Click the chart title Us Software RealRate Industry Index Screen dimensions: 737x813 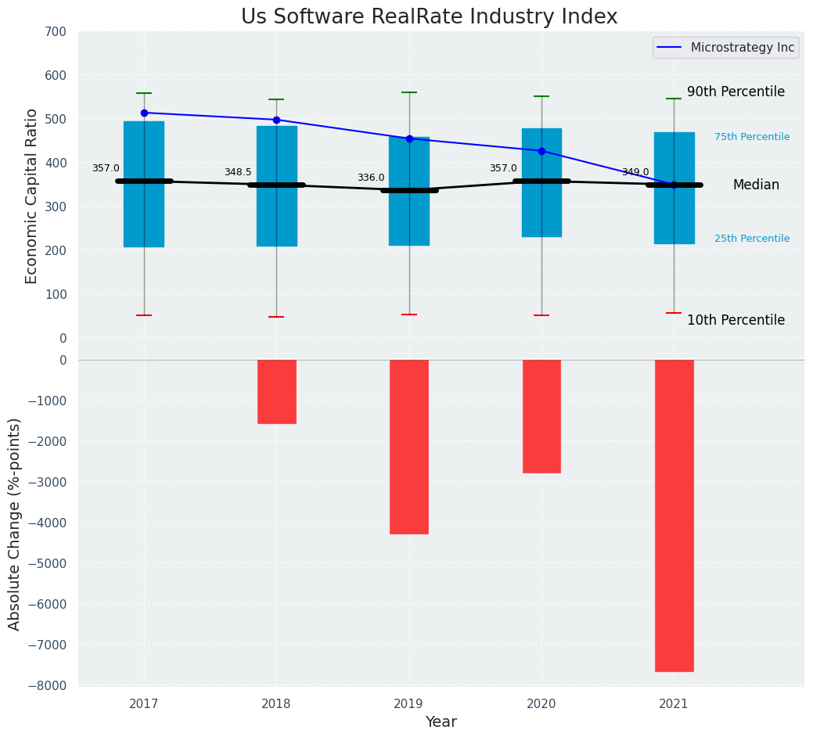click(429, 17)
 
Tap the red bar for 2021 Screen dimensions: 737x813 click(674, 515)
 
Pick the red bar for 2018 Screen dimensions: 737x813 click(276, 391)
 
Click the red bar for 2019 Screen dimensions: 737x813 click(409, 447)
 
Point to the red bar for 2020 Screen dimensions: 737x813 click(541, 416)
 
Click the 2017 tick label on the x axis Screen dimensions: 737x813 click(144, 704)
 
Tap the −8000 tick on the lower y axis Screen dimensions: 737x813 click(52, 685)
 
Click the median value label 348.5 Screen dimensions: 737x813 click(238, 172)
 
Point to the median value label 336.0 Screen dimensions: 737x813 click(371, 178)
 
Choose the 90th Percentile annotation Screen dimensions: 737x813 click(736, 92)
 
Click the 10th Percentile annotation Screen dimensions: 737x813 click(736, 320)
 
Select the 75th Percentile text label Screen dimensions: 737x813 click(751, 137)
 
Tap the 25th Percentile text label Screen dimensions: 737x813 click(751, 239)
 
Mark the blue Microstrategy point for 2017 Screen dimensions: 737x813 click(144, 113)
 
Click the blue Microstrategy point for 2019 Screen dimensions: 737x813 click(409, 138)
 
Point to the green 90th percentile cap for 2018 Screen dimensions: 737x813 click(276, 99)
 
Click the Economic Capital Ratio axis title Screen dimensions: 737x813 click(32, 196)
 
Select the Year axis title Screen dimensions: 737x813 click(441, 722)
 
